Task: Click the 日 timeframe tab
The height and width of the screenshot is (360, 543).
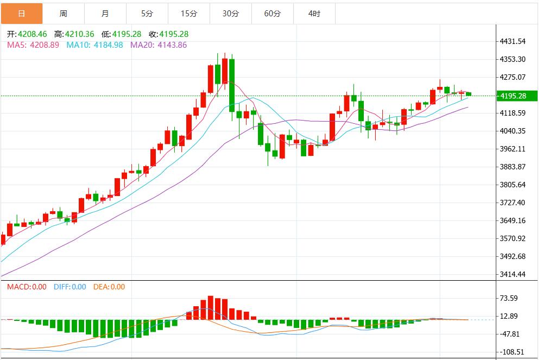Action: [x=21, y=14]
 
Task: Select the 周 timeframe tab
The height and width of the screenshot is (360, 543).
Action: [x=63, y=14]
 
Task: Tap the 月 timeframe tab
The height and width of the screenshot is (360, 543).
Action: [x=105, y=14]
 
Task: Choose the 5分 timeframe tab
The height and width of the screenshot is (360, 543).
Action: [x=147, y=14]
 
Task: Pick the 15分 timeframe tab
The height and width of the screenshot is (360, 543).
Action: [x=188, y=14]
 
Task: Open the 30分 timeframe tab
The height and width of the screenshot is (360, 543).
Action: [x=230, y=14]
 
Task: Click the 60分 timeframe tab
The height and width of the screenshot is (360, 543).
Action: [x=272, y=14]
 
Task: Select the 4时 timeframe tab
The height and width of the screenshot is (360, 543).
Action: [x=314, y=14]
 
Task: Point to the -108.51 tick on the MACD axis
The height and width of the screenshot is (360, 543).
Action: [x=511, y=352]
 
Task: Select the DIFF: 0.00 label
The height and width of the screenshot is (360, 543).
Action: [x=70, y=287]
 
